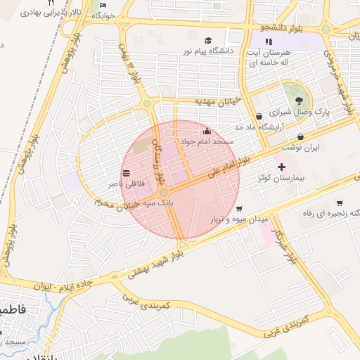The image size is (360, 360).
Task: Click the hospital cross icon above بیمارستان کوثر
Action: [282, 167]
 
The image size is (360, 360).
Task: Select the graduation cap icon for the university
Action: [207, 41]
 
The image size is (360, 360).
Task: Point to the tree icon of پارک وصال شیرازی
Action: [300, 101]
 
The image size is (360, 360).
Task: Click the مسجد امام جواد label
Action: [206, 142]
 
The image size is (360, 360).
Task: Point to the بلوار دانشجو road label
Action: [281, 28]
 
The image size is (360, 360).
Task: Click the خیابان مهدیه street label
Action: [218, 102]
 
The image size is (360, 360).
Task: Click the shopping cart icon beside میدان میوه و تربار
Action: [240, 209]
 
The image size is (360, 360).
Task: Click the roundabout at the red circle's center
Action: [163, 192]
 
